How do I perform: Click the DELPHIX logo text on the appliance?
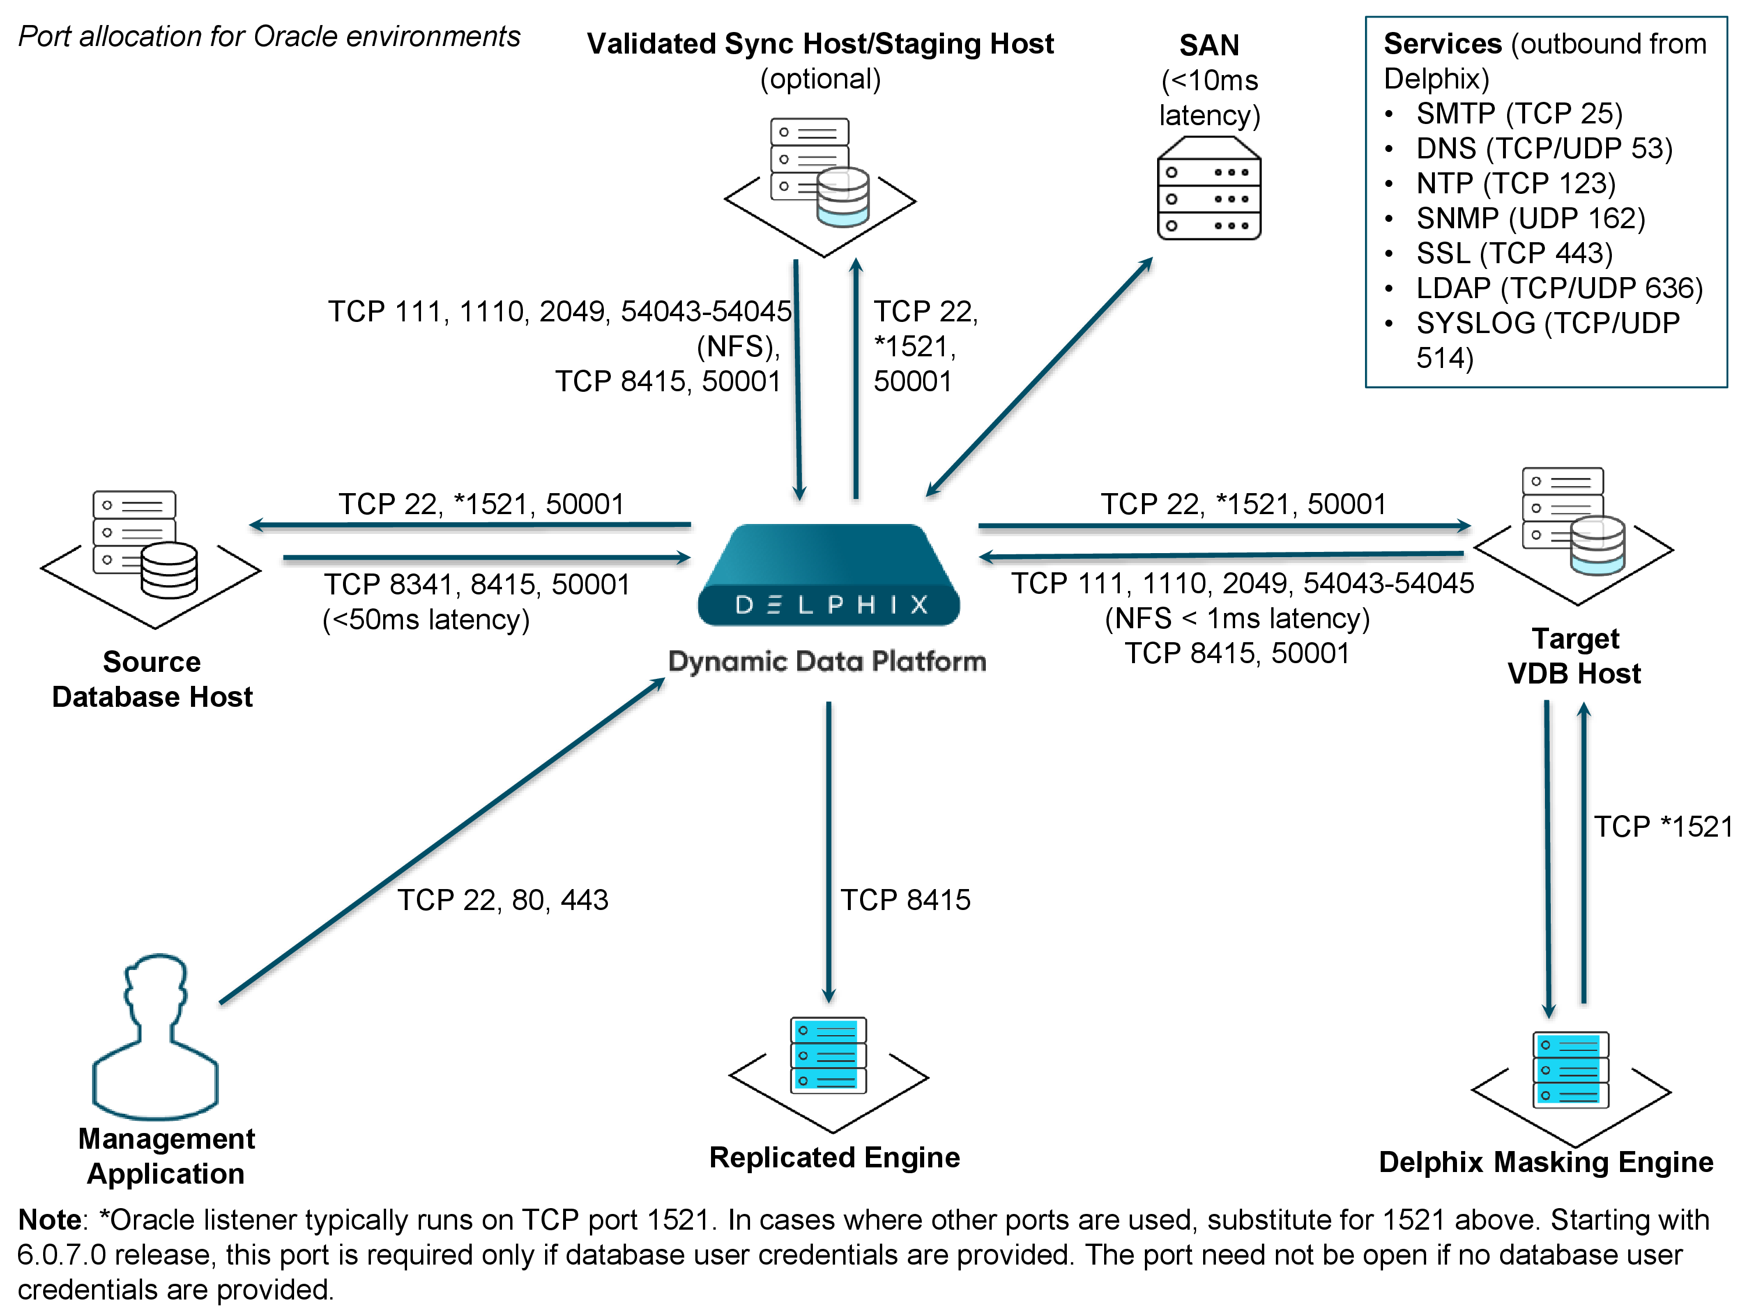tap(830, 605)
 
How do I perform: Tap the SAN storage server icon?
tap(1208, 189)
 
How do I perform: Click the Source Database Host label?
tap(153, 679)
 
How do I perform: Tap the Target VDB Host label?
tap(1574, 656)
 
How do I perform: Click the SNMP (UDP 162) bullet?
tap(1530, 219)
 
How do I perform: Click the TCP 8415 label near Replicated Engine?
tap(905, 900)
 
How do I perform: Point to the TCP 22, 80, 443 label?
tap(503, 900)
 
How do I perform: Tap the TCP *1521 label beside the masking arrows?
tap(1662, 827)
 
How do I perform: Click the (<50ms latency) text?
tap(426, 620)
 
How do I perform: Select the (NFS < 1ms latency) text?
tap(1237, 618)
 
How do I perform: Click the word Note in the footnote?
tap(49, 1220)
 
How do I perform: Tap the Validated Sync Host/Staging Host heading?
tap(820, 44)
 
